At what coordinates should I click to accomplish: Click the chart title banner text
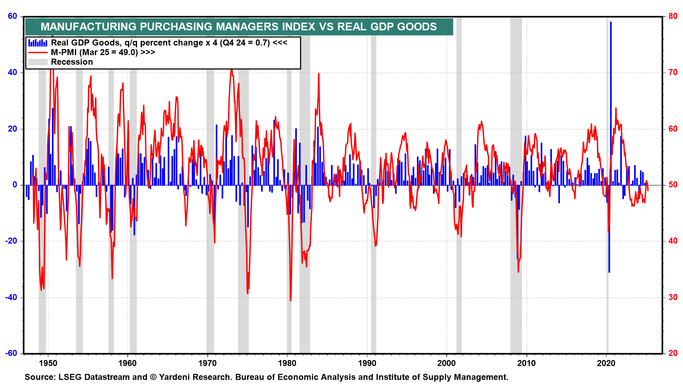(x=238, y=27)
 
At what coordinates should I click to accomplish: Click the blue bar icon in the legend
(x=38, y=43)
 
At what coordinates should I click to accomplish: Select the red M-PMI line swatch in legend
(x=38, y=53)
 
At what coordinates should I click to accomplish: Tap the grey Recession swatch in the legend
(x=38, y=62)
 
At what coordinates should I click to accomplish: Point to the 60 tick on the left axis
(x=12, y=16)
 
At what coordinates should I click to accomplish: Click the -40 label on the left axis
(x=11, y=297)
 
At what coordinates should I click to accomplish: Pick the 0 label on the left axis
(x=15, y=185)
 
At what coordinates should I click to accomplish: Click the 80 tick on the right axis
(x=673, y=16)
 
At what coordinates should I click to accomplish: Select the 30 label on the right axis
(x=673, y=297)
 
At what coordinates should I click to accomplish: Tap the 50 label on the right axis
(x=673, y=185)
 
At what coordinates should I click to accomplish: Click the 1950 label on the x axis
(x=48, y=363)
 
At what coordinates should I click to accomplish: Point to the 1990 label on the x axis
(x=367, y=363)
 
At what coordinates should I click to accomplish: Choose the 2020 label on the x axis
(x=606, y=363)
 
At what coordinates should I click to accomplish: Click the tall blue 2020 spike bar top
(x=611, y=23)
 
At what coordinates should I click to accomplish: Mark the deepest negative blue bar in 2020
(x=609, y=272)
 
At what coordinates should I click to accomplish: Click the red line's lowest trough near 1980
(x=290, y=300)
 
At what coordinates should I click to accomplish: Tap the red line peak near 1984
(x=319, y=74)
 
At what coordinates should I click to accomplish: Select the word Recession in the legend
(x=72, y=62)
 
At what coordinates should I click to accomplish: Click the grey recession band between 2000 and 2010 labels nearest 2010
(x=516, y=213)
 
